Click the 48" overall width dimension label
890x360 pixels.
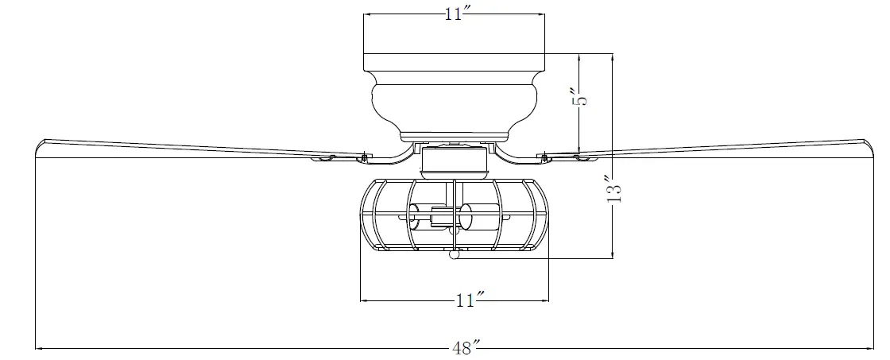click(x=465, y=348)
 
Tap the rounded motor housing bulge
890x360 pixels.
click(x=454, y=101)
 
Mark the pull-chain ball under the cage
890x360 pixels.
click(x=455, y=255)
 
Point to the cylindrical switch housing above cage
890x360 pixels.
click(x=454, y=162)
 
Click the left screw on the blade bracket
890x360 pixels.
click(x=365, y=154)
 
